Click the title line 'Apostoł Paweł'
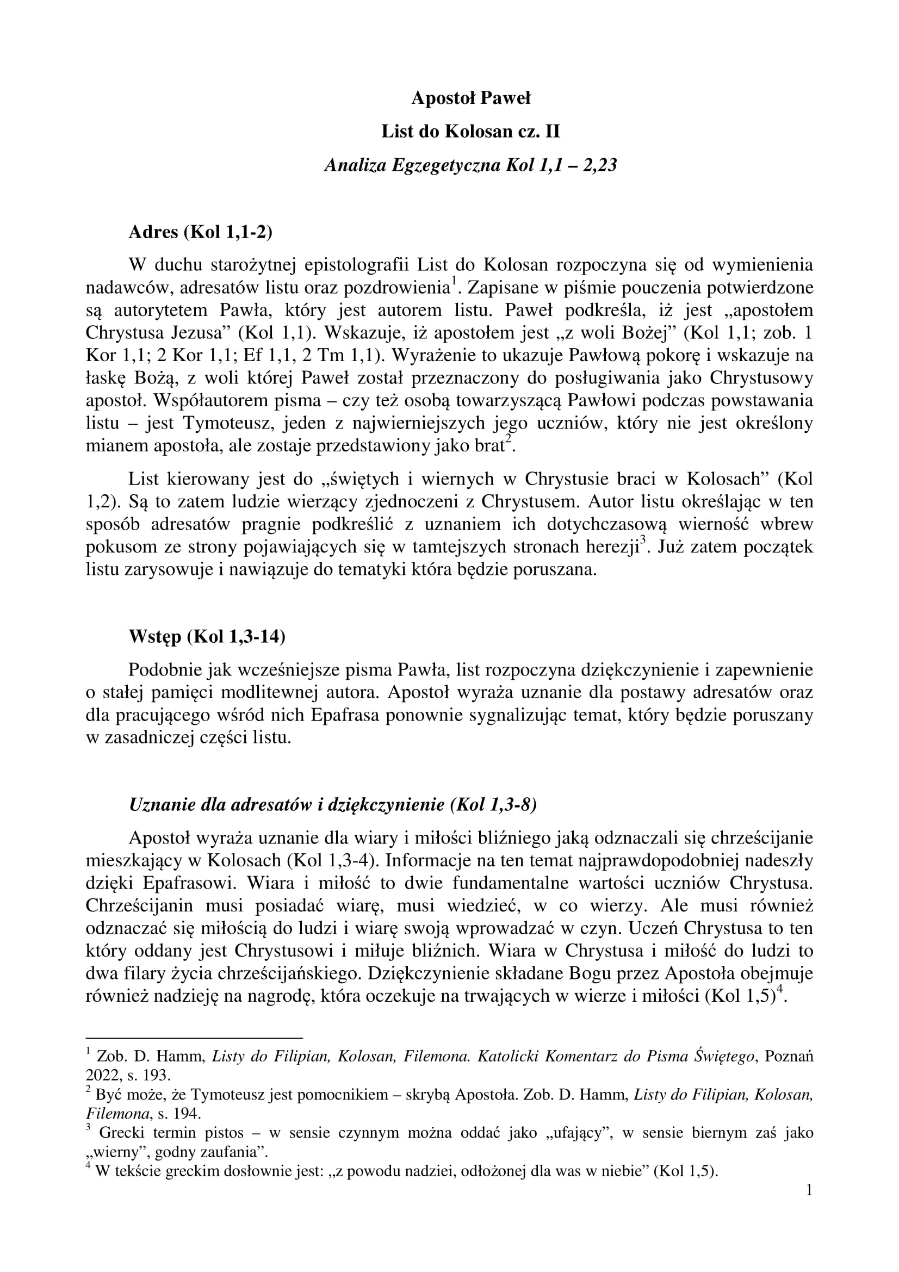(x=471, y=98)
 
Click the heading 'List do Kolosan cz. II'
(x=471, y=132)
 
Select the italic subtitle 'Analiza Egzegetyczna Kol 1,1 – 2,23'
(x=471, y=165)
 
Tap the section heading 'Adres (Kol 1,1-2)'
(x=201, y=232)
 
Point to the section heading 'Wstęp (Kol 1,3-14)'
(x=207, y=637)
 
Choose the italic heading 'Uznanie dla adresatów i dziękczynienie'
(x=332, y=805)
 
